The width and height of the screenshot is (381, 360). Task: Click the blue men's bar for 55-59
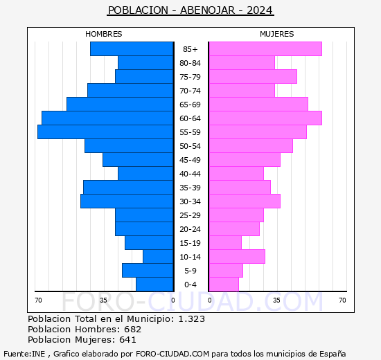105,132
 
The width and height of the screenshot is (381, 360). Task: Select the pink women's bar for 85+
265,49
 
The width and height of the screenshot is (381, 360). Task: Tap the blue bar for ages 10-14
158,257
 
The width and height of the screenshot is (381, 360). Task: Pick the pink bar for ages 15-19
225,243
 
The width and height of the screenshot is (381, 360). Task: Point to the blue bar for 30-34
127,201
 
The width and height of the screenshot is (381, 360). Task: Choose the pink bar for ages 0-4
224,285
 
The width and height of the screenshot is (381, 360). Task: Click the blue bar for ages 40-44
145,174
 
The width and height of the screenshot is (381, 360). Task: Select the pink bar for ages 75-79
253,77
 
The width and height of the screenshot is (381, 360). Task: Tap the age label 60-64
190,118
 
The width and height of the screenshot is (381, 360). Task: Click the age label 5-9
190,271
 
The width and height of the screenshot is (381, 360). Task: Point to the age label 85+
190,49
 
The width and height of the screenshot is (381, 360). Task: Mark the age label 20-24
190,229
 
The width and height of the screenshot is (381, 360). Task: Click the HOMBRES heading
104,34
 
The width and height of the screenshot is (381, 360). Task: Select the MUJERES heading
277,34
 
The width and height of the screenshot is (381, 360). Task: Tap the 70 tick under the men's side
38,300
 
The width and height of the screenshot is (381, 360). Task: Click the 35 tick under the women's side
276,300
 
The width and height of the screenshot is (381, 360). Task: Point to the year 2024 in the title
260,10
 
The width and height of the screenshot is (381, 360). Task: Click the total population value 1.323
191,319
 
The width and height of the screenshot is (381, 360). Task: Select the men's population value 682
133,330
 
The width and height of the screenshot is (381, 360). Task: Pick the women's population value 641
128,340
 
